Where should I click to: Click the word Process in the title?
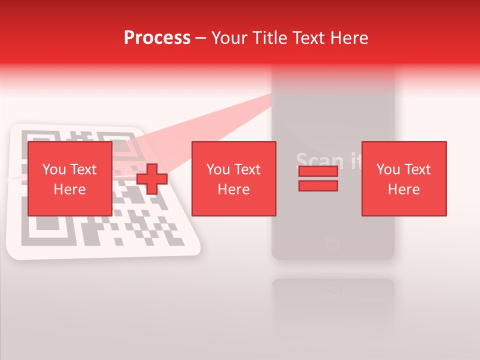(157, 38)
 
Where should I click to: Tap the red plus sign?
(151, 179)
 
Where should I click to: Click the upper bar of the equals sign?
(318, 171)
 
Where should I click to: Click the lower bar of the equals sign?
(318, 186)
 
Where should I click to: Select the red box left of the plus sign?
(69, 178)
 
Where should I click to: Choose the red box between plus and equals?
(233, 178)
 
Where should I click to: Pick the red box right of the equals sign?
(403, 178)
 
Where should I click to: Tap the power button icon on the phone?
(332, 244)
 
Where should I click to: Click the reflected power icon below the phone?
(332, 291)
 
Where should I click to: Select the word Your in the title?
(229, 38)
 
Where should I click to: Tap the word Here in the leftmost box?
(69, 189)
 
